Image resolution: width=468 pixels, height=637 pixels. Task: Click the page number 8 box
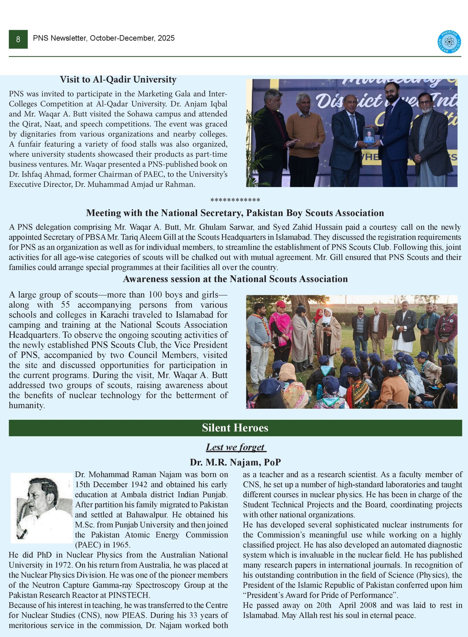tap(18, 39)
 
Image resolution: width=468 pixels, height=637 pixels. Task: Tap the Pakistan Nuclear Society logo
tap(449, 42)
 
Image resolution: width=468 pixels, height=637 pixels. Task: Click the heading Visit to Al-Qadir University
tap(118, 80)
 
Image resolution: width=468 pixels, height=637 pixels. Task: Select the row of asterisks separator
tap(235, 200)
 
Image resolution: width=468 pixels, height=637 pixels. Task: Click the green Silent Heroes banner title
tap(235, 428)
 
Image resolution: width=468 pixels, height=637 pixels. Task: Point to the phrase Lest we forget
tap(236, 447)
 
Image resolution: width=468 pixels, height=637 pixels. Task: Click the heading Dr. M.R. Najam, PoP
tap(235, 462)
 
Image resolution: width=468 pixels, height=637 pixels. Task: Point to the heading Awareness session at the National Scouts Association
tap(235, 279)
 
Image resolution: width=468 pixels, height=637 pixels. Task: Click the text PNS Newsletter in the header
tap(60, 38)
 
